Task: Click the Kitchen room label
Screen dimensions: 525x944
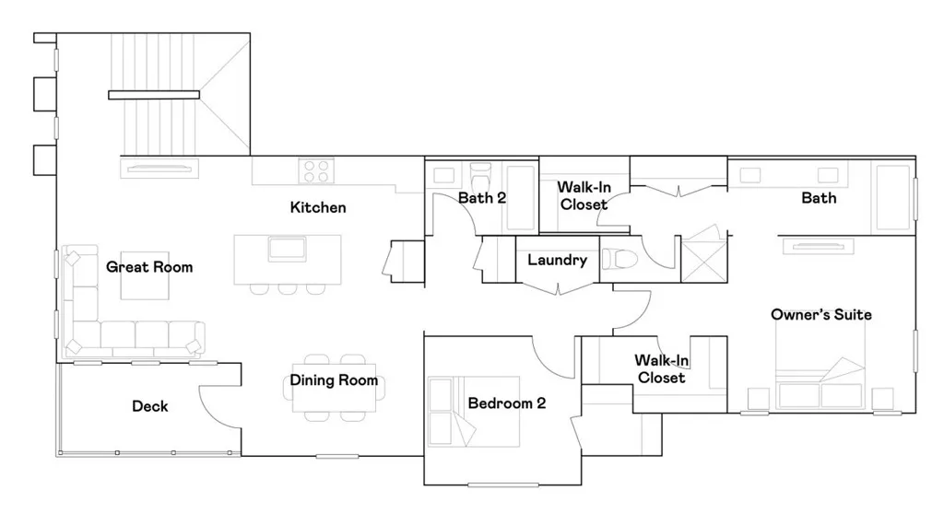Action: pos(318,207)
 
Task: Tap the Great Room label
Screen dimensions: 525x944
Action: pos(149,267)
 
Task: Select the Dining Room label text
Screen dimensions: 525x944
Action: pos(334,380)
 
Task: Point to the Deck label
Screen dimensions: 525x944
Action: pos(149,405)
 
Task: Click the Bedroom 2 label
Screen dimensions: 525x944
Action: pos(507,403)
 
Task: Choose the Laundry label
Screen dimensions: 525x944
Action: pos(557,261)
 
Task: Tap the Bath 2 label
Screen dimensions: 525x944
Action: pos(482,197)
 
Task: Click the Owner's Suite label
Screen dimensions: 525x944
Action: pos(820,315)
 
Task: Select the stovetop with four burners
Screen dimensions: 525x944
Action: pos(316,171)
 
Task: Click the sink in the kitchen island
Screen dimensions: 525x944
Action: pos(288,250)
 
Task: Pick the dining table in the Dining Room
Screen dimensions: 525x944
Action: pos(334,387)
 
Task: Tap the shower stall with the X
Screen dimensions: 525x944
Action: pos(703,260)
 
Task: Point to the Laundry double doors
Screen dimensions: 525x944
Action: pos(558,288)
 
